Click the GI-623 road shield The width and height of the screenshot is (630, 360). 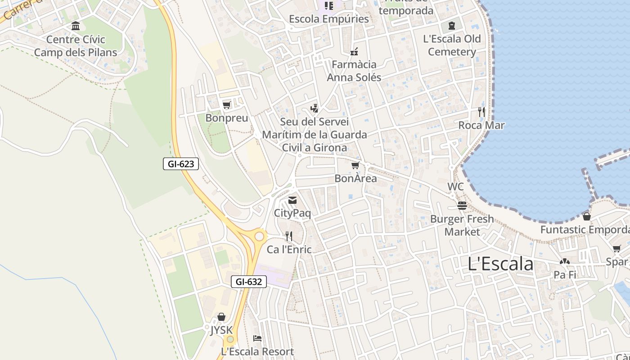coord(181,164)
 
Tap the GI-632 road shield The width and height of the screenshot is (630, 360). coord(249,282)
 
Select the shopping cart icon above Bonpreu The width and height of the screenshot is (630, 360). coord(227,105)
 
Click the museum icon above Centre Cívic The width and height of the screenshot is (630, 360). coord(76,26)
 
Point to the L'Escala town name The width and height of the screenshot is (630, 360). coord(500,264)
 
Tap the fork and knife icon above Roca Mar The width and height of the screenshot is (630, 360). coord(481,112)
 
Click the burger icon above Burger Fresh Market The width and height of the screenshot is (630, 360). coord(462,206)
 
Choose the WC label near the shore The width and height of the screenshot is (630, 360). coord(455,186)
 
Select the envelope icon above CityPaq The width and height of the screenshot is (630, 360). coord(292,200)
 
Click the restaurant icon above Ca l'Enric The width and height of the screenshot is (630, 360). coord(289,236)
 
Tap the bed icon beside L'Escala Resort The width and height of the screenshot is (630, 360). coord(257,338)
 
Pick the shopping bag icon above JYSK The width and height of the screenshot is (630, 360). coord(221,317)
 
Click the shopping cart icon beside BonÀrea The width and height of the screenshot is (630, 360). coord(355,166)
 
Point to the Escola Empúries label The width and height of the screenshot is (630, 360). coord(328,19)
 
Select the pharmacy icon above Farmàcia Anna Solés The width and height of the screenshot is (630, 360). coord(354,51)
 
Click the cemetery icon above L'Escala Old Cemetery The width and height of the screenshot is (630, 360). coord(452,26)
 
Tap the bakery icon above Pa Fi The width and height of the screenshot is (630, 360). coord(565,261)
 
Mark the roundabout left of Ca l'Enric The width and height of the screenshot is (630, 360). coord(259,236)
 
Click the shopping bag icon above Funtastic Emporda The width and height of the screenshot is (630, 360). coord(587,216)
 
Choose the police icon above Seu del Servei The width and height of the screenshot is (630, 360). coord(315,108)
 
